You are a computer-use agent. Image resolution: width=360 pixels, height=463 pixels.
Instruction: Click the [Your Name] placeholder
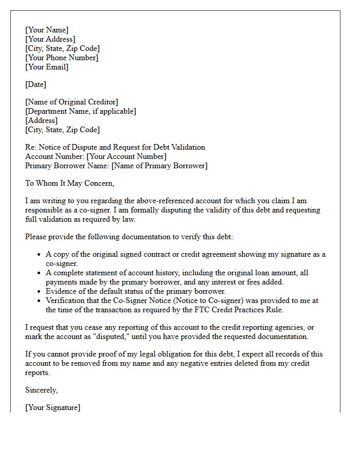(x=47, y=30)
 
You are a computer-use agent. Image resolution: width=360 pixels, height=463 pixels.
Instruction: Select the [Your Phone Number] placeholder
(x=62, y=58)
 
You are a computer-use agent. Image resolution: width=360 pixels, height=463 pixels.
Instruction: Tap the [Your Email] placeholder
(x=47, y=67)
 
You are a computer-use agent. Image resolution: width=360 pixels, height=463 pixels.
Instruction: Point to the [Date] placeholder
(x=35, y=84)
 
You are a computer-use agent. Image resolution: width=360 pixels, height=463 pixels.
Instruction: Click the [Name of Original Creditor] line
(x=71, y=102)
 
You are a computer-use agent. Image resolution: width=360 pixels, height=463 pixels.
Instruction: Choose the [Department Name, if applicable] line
(x=81, y=111)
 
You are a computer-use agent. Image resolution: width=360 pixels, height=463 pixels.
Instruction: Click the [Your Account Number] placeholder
(x=127, y=156)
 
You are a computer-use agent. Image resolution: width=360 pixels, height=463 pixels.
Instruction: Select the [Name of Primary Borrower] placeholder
(x=159, y=166)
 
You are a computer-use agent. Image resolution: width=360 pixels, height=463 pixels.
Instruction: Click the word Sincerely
(x=42, y=390)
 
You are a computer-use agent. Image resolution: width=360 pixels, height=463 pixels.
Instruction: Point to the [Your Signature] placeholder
(x=52, y=407)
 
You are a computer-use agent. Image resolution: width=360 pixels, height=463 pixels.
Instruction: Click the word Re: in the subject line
(x=31, y=147)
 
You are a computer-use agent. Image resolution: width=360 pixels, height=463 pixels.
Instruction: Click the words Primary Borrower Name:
(x=67, y=166)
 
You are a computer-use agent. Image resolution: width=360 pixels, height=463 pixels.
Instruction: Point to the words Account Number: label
(x=55, y=156)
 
